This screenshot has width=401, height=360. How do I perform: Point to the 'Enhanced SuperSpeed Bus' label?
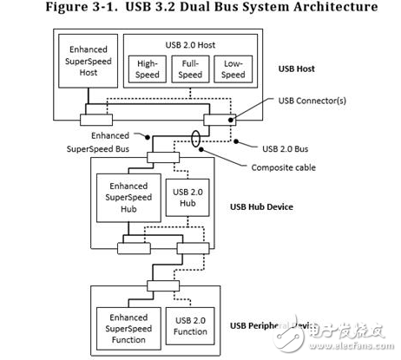[x=101, y=141]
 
